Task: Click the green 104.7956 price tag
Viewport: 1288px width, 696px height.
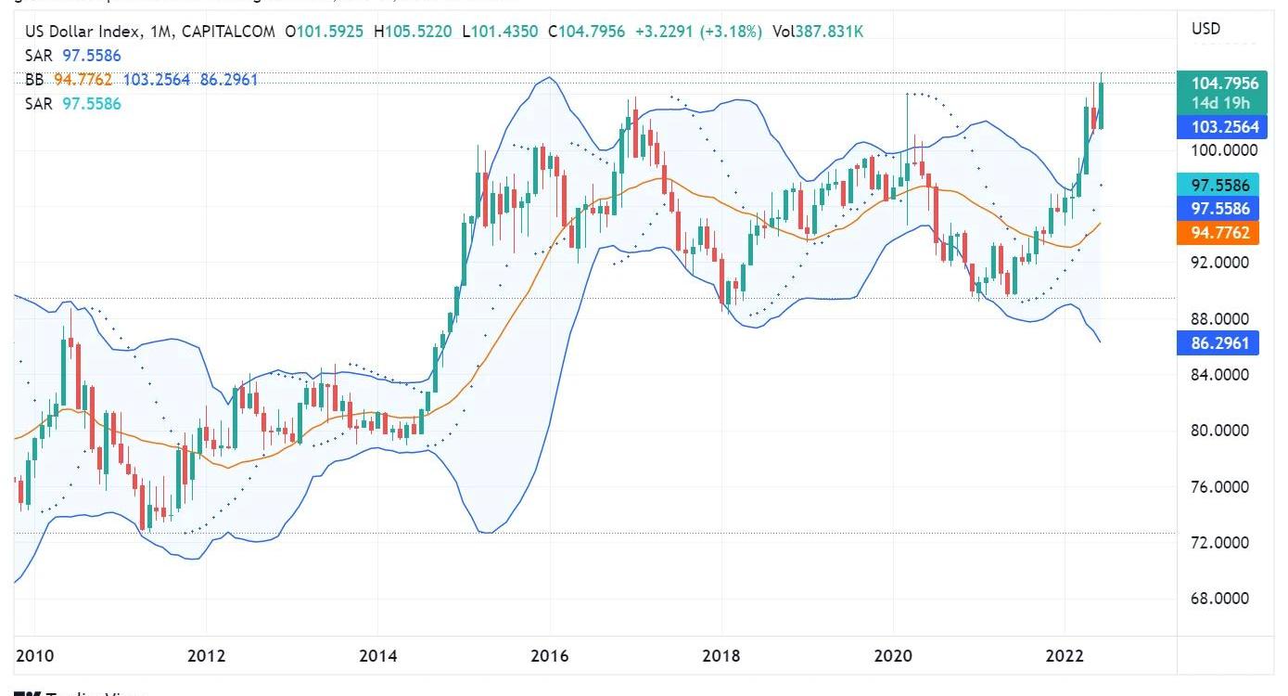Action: coord(1224,83)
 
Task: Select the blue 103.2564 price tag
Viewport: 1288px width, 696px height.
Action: coord(1224,127)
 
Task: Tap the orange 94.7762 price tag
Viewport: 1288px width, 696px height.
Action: coord(1219,232)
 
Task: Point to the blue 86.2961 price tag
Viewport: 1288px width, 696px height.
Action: coord(1219,343)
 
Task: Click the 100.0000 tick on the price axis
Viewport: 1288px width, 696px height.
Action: coord(1224,150)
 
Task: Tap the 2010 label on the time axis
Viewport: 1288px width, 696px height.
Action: coord(34,656)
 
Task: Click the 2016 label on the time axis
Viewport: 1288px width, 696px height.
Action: coord(550,656)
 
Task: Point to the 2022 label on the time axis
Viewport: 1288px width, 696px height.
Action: coord(1065,656)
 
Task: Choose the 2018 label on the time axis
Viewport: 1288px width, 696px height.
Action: coord(721,656)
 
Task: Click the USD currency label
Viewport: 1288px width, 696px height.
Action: coord(1205,29)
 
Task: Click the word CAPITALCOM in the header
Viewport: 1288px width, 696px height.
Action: coord(228,32)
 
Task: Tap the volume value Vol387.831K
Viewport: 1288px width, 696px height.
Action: coord(819,32)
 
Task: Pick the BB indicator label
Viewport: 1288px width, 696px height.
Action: coord(34,80)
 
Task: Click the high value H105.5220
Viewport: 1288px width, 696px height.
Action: coord(413,32)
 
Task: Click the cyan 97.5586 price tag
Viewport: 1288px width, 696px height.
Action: coord(1219,186)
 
